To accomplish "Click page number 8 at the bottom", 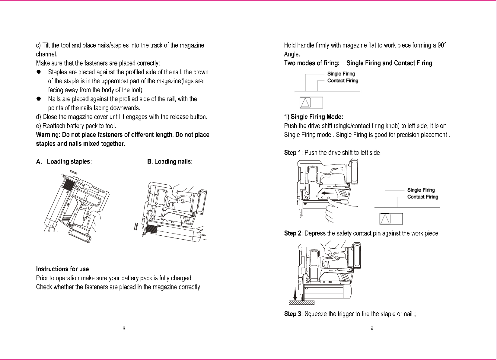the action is (x=124, y=328).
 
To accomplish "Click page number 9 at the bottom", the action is (x=372, y=328).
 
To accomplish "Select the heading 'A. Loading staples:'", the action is (x=64, y=161).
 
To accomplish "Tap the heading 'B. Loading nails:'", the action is (x=170, y=161).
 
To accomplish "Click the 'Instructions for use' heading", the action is (x=62, y=269).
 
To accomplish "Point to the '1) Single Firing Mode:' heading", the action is (x=314, y=117).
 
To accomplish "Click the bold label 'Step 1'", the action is (x=293, y=153).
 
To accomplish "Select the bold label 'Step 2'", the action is (x=293, y=233).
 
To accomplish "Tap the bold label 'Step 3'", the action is (x=293, y=314).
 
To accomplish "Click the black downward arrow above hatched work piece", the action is (x=295, y=294).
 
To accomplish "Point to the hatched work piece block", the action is (x=301, y=303).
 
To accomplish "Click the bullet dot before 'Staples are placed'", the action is (x=39, y=72).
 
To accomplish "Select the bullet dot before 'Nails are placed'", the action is (x=39, y=99).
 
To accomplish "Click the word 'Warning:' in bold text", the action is (x=48, y=135).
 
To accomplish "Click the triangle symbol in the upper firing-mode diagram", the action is (x=305, y=103).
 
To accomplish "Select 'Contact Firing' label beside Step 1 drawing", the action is (x=423, y=197).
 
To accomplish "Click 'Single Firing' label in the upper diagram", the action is (x=341, y=74).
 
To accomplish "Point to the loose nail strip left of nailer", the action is (x=136, y=227).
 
